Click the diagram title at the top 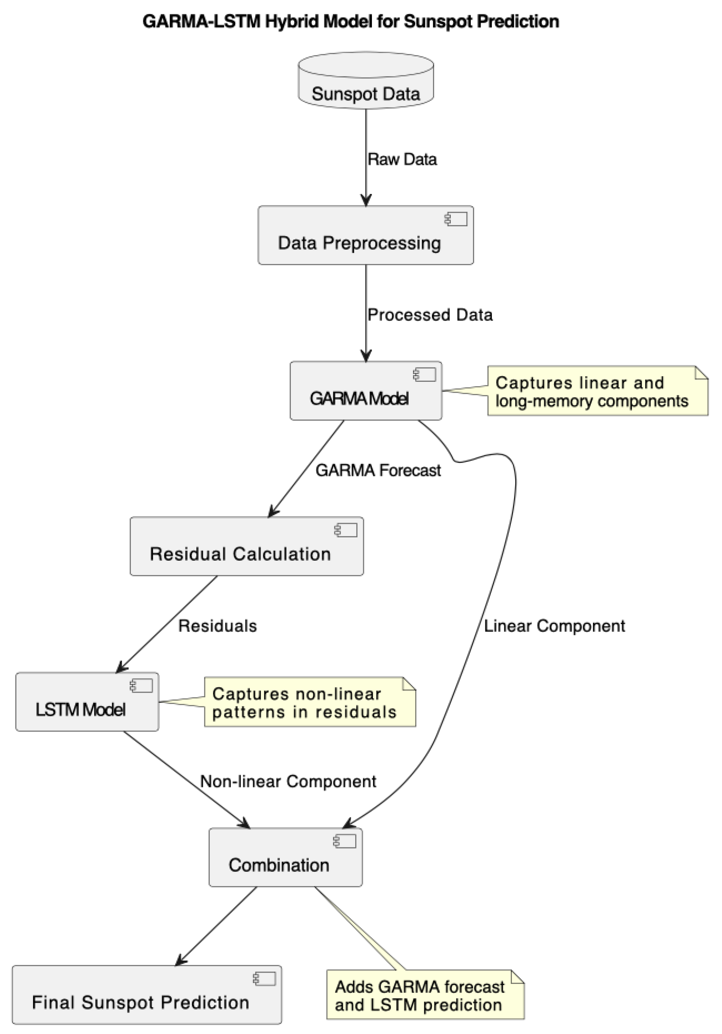pos(350,21)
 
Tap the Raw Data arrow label pos(402,159)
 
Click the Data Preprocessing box pos(365,235)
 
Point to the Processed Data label pos(430,315)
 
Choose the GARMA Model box pos(365,390)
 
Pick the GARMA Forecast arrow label pos(377,470)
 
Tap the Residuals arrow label pos(217,626)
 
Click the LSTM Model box pos(87,701)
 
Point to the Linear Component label pos(554,626)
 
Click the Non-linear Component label pos(288,781)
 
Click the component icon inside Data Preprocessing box pos(456,219)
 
